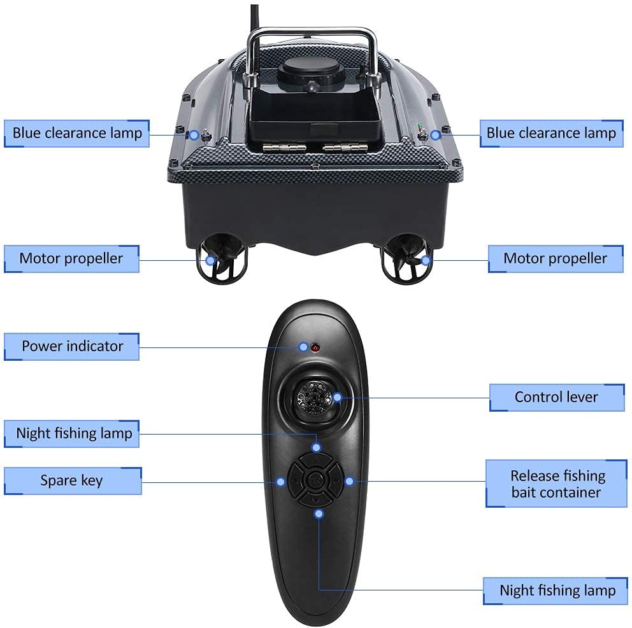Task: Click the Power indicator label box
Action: (72, 346)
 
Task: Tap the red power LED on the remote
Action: (315, 347)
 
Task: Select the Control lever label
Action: (556, 397)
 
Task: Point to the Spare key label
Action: (72, 480)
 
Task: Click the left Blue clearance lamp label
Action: (77, 133)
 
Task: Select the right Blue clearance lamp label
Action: (551, 133)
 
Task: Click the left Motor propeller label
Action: (71, 258)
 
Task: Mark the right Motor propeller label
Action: (555, 258)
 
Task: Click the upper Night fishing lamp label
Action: (74, 434)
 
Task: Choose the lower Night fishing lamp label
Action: (557, 590)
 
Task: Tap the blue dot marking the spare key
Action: (280, 482)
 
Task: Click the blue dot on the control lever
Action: (337, 398)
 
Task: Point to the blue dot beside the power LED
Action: (303, 347)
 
